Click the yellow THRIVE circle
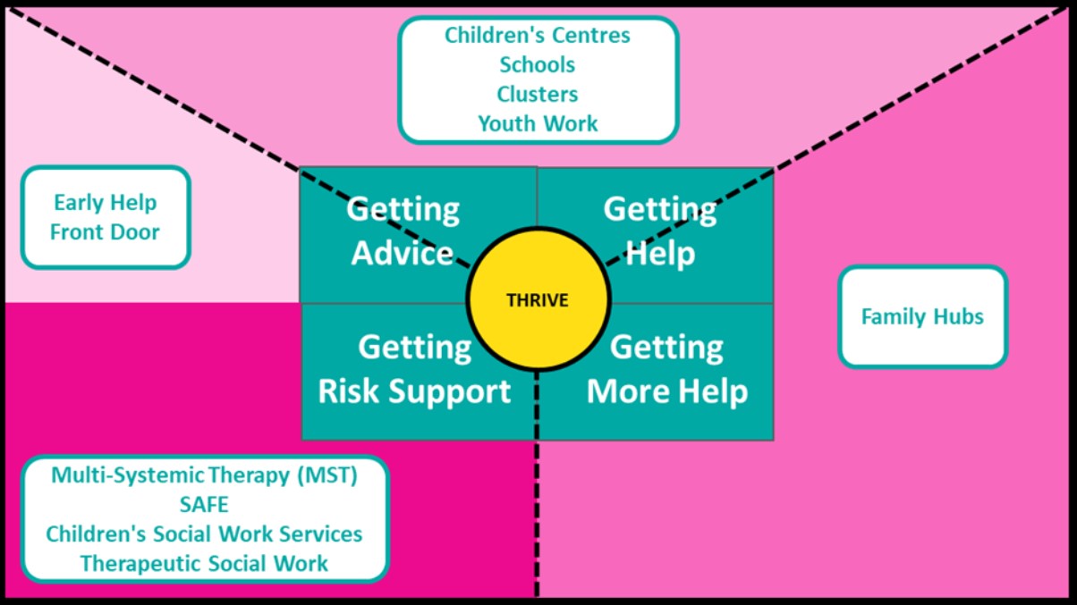point(538,299)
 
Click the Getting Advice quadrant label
point(403,231)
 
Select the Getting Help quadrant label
point(660,231)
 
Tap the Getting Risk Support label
point(414,369)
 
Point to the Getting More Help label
point(667,369)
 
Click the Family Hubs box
point(922,317)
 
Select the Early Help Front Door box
point(106,217)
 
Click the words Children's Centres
point(537,35)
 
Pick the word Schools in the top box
point(537,65)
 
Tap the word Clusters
point(537,94)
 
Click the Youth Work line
point(538,123)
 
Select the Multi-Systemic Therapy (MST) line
point(204,475)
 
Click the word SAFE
point(204,505)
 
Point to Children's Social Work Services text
point(204,534)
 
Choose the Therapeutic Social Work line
point(204,564)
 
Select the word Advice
point(403,253)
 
